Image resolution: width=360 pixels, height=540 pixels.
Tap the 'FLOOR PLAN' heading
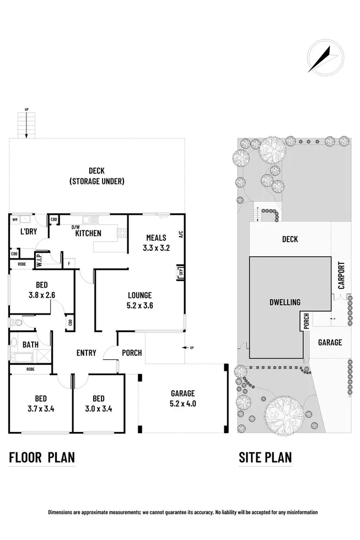point(42,457)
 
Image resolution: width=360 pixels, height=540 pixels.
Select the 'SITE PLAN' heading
point(265,457)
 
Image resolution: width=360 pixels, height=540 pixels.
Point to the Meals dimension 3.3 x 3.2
point(156,248)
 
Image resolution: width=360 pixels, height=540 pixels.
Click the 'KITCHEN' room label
point(88,233)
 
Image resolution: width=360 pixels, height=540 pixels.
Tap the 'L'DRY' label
point(29,232)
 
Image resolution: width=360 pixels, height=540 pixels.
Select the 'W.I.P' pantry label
point(40,259)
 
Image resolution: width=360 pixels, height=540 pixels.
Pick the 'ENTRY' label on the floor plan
point(86,353)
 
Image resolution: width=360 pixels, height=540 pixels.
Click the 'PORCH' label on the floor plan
point(132,353)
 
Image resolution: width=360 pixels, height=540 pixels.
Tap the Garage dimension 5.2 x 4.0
point(182,403)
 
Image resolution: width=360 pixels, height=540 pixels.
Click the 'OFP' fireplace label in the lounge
point(180,272)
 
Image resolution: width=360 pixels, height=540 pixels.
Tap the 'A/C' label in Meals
point(180,234)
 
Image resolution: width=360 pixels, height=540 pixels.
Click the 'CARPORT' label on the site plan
point(341,276)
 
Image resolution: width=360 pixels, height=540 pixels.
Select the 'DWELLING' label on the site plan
point(285,303)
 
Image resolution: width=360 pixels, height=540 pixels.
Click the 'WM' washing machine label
point(15,219)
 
